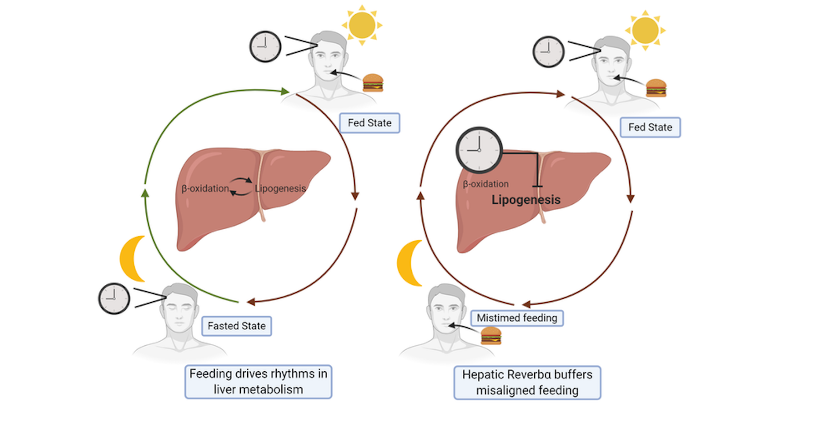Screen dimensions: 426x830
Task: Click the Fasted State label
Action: tap(237, 326)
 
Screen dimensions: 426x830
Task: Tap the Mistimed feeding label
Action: tap(517, 318)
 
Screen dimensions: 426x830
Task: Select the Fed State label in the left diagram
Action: tap(370, 123)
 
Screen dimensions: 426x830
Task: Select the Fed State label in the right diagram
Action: tap(650, 127)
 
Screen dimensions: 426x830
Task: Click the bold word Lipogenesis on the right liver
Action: tap(526, 200)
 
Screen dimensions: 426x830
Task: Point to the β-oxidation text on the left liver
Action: tap(205, 189)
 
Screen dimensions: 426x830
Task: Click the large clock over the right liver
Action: tap(479, 150)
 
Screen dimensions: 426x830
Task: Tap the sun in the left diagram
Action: tap(362, 25)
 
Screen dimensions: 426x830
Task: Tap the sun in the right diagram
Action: tap(645, 30)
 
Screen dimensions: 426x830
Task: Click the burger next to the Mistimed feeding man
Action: tap(491, 335)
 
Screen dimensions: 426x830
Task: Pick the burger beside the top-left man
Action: tap(373, 83)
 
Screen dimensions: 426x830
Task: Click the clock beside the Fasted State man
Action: tap(114, 298)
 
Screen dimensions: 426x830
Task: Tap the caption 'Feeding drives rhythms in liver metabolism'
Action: tap(258, 382)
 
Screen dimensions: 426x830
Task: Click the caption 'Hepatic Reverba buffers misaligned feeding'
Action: tap(527, 382)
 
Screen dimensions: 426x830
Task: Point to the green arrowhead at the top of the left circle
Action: tap(285, 91)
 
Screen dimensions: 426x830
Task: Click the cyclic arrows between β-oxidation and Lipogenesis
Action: tap(241, 186)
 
